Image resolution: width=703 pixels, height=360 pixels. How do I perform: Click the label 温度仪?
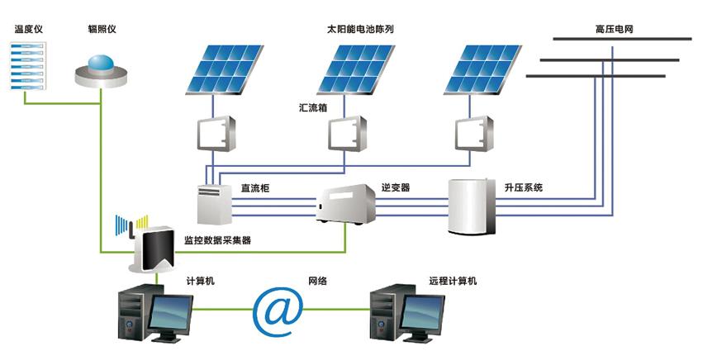pyautogui.click(x=28, y=30)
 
